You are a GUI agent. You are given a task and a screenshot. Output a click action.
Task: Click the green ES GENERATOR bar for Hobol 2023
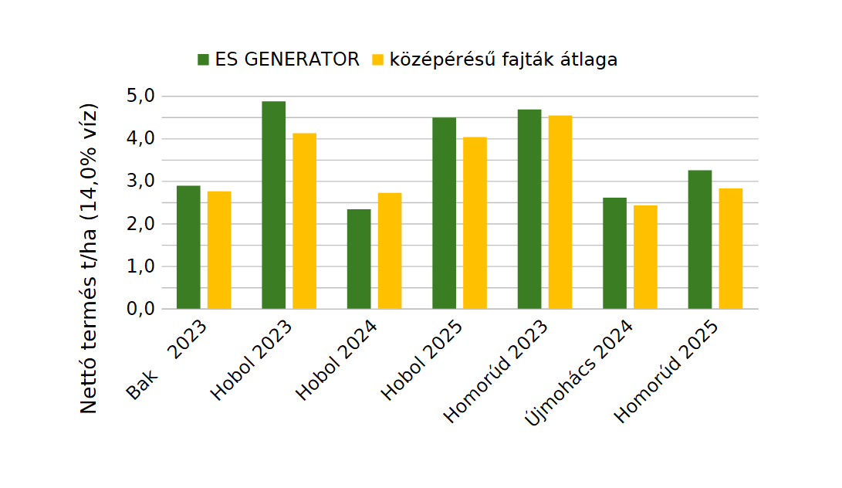coord(273,205)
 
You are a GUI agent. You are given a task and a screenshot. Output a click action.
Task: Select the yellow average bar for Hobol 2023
coord(304,221)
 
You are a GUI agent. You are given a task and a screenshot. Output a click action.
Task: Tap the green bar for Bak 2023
coord(188,247)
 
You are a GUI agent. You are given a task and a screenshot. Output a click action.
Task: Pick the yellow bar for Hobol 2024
coord(390,250)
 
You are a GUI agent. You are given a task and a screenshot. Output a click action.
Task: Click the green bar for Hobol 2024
coord(359,259)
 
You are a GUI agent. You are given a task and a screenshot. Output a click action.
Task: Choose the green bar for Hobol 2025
coord(444,213)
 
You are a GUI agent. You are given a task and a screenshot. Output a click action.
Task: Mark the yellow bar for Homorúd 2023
coord(560,212)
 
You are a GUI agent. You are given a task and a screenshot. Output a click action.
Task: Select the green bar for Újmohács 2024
coord(614,253)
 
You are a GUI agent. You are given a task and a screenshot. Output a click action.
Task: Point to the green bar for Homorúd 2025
coord(699,239)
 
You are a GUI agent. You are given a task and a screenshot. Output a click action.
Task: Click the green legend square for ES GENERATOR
coord(204,59)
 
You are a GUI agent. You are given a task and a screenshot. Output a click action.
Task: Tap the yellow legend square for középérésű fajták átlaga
coord(378,59)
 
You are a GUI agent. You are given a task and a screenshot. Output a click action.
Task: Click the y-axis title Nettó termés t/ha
coord(90,257)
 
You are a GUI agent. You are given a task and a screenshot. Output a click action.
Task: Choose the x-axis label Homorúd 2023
coord(495,371)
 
